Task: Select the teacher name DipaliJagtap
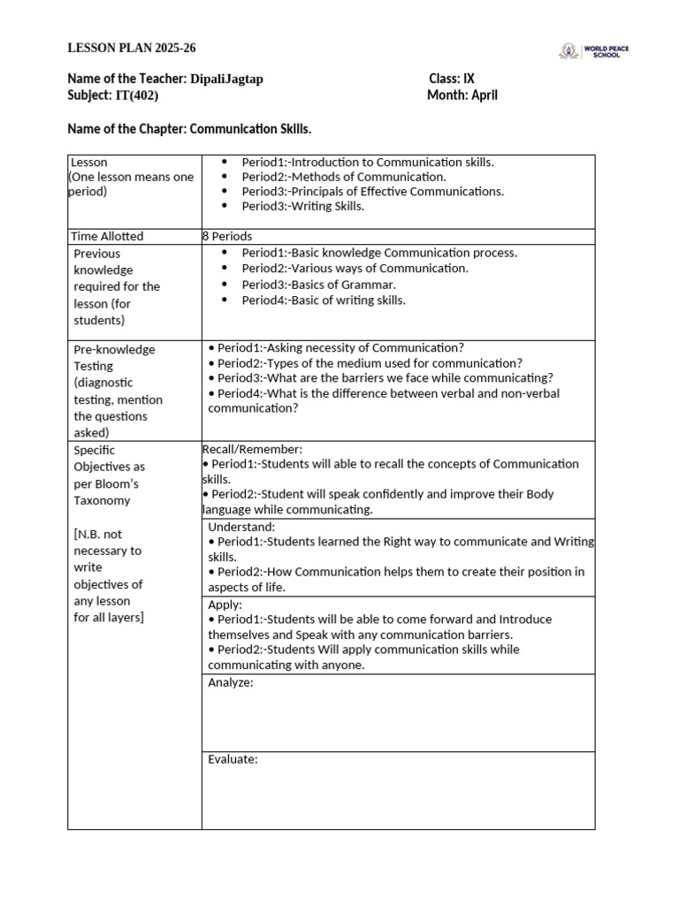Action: tap(226, 79)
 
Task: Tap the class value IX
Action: tap(468, 79)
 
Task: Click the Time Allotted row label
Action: tap(107, 236)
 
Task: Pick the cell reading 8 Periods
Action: tap(227, 236)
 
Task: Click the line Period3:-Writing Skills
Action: tap(302, 206)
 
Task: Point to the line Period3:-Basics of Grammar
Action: tap(319, 285)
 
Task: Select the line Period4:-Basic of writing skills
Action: tap(324, 300)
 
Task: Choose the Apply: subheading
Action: tap(225, 605)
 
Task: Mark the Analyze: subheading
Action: tap(231, 682)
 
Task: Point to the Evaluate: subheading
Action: tap(233, 759)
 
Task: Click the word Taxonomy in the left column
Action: tap(102, 500)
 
